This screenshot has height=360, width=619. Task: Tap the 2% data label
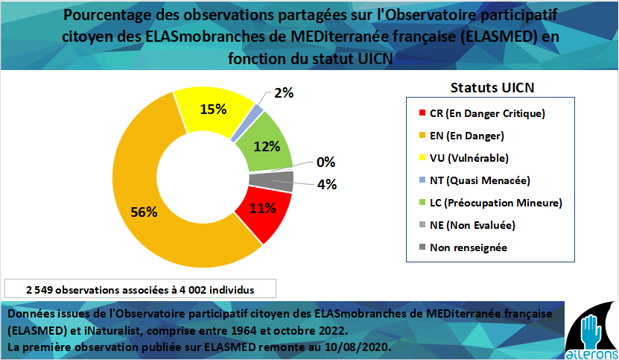(284, 92)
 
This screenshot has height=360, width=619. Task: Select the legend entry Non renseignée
(468, 247)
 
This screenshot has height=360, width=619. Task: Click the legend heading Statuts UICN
(493, 87)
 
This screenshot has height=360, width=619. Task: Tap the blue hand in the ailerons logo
(588, 328)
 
